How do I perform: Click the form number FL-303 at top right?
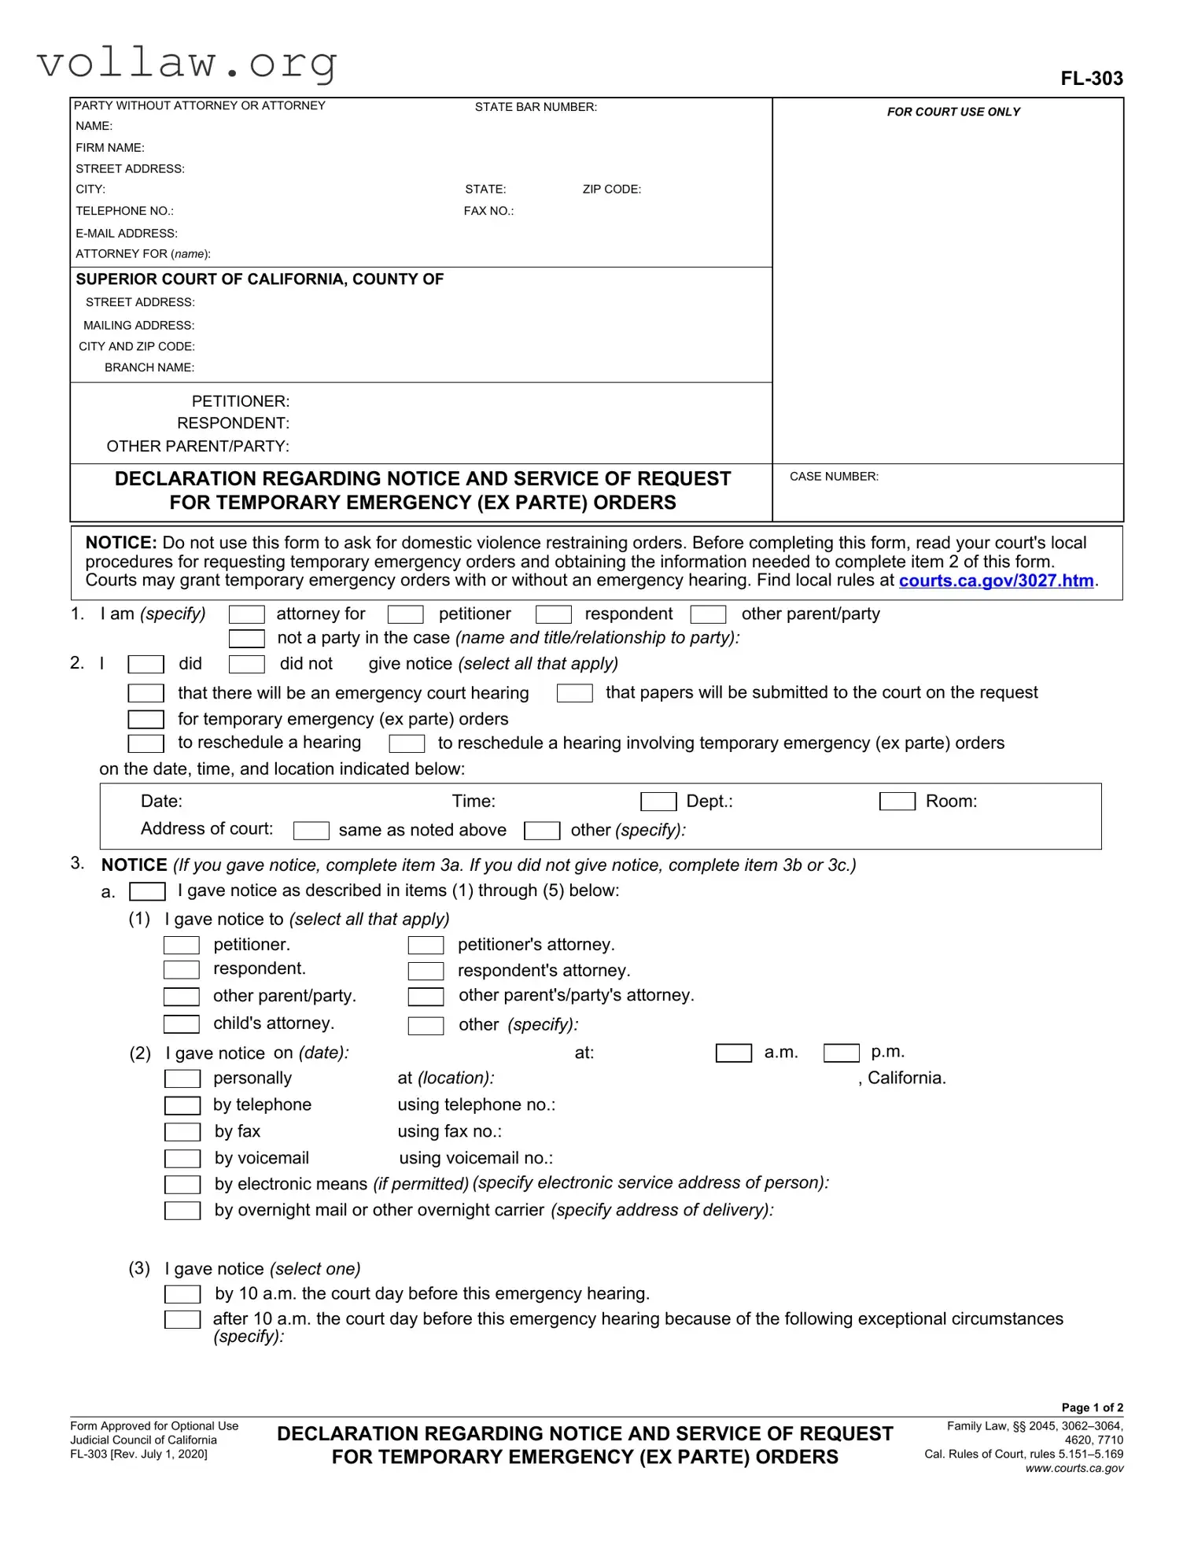point(1091,79)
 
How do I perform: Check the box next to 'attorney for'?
point(246,614)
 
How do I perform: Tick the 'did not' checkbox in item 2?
point(246,664)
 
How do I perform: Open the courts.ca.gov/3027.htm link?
point(996,581)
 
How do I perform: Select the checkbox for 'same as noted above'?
point(311,831)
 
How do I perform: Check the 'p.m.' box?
point(841,1053)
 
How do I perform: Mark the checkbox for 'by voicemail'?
point(182,1159)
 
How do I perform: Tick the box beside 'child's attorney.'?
point(182,1023)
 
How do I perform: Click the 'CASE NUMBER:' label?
point(834,477)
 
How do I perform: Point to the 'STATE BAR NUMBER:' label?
point(536,107)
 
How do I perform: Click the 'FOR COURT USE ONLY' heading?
point(953,112)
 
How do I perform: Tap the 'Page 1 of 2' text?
point(1092,1407)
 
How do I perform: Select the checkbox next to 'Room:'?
point(897,802)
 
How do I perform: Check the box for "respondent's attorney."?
point(426,971)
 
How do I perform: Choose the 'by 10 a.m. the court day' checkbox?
point(182,1294)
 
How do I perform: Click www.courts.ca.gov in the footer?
point(1074,1468)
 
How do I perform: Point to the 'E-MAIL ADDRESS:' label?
point(127,234)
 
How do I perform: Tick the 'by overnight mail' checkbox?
point(182,1211)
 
